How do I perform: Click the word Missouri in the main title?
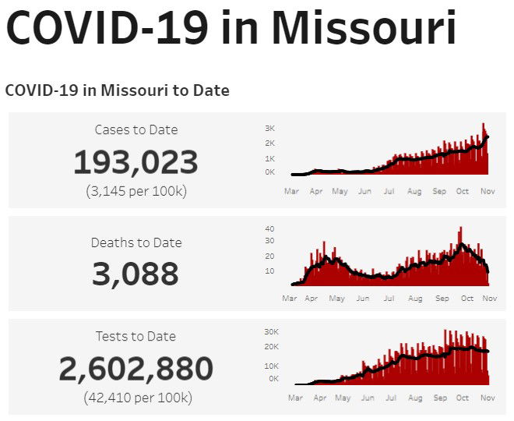point(368,29)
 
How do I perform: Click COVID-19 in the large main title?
point(106,29)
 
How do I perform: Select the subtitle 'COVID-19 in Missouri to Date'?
point(117,90)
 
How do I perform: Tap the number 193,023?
point(136,162)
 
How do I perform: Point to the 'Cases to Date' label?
point(136,129)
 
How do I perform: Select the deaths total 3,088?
point(136,274)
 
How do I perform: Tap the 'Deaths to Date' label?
point(136,242)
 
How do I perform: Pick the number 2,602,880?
point(136,368)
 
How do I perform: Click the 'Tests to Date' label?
point(136,336)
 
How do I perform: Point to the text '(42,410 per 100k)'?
point(136,398)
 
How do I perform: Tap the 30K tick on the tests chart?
point(272,331)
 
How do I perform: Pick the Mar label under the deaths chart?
point(289,298)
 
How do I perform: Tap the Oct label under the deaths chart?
point(466,298)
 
